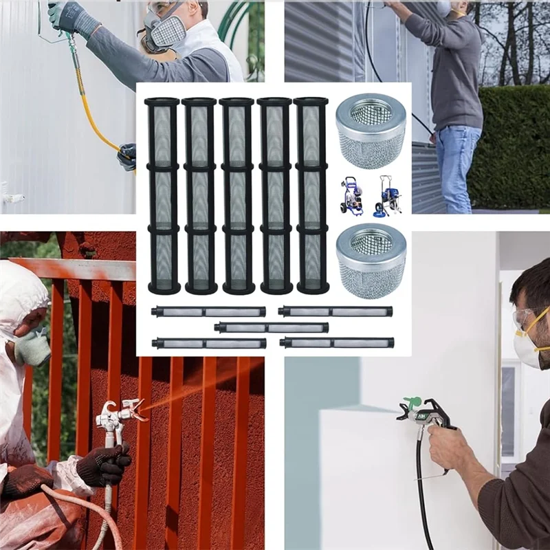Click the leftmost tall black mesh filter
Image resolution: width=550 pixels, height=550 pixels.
coord(163,196)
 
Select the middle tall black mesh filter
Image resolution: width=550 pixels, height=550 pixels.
coord(237,196)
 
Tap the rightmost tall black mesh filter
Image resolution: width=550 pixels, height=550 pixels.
coord(311,196)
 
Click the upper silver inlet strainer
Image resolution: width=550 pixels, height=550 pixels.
coord(371,131)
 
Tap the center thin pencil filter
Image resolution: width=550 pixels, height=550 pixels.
coord(271,327)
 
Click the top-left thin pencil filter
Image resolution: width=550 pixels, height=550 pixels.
coord(209,311)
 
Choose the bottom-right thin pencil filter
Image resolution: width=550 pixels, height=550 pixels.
coord(337,342)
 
